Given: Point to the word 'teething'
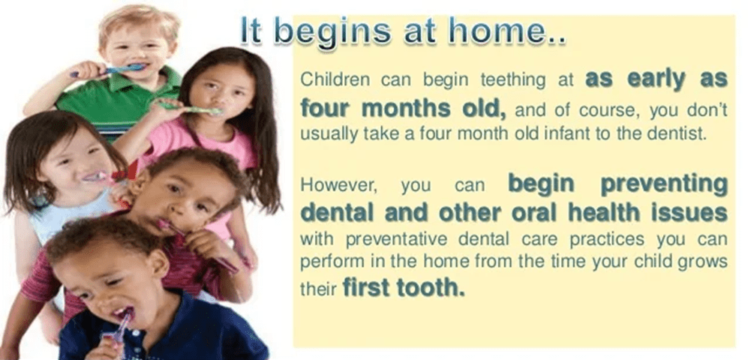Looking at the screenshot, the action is click(x=513, y=80).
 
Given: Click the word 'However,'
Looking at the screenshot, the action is click(x=338, y=186).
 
